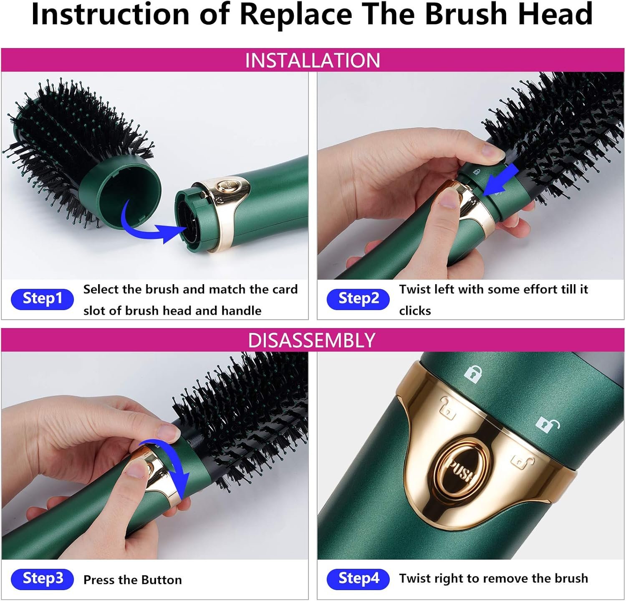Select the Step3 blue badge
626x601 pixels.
click(x=42, y=578)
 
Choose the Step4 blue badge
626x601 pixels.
click(x=358, y=578)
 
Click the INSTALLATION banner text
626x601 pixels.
click(x=313, y=60)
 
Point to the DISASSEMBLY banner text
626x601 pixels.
click(x=312, y=340)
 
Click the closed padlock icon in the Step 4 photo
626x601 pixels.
click(x=473, y=374)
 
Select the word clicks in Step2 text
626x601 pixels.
click(x=415, y=311)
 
